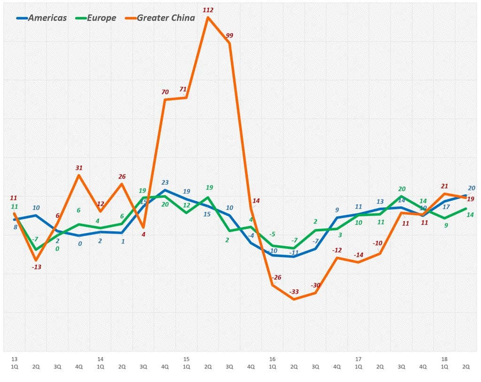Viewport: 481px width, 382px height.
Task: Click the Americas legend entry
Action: click(41, 18)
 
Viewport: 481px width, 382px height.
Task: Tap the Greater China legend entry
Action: click(159, 18)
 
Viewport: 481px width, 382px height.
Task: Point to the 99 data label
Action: click(230, 35)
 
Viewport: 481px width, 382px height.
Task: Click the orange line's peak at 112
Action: click(208, 18)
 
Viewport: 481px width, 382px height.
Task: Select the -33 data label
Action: click(295, 292)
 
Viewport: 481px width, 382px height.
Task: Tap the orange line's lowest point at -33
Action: click(294, 299)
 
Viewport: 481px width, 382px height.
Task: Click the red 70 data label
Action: click(165, 92)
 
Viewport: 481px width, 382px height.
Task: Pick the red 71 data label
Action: click(183, 89)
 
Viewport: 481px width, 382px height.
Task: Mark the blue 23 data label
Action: click(165, 182)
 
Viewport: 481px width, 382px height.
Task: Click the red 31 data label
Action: click(79, 168)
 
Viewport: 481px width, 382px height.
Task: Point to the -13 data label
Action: click(36, 267)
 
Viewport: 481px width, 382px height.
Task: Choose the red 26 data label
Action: click(122, 177)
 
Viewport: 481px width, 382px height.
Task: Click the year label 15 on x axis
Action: click(186, 359)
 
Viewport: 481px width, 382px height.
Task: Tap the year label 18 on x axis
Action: click(444, 359)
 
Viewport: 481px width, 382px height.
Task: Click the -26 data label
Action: click(277, 277)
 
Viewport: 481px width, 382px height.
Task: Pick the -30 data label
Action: click(316, 285)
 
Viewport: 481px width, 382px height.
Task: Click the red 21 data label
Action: click(445, 186)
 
